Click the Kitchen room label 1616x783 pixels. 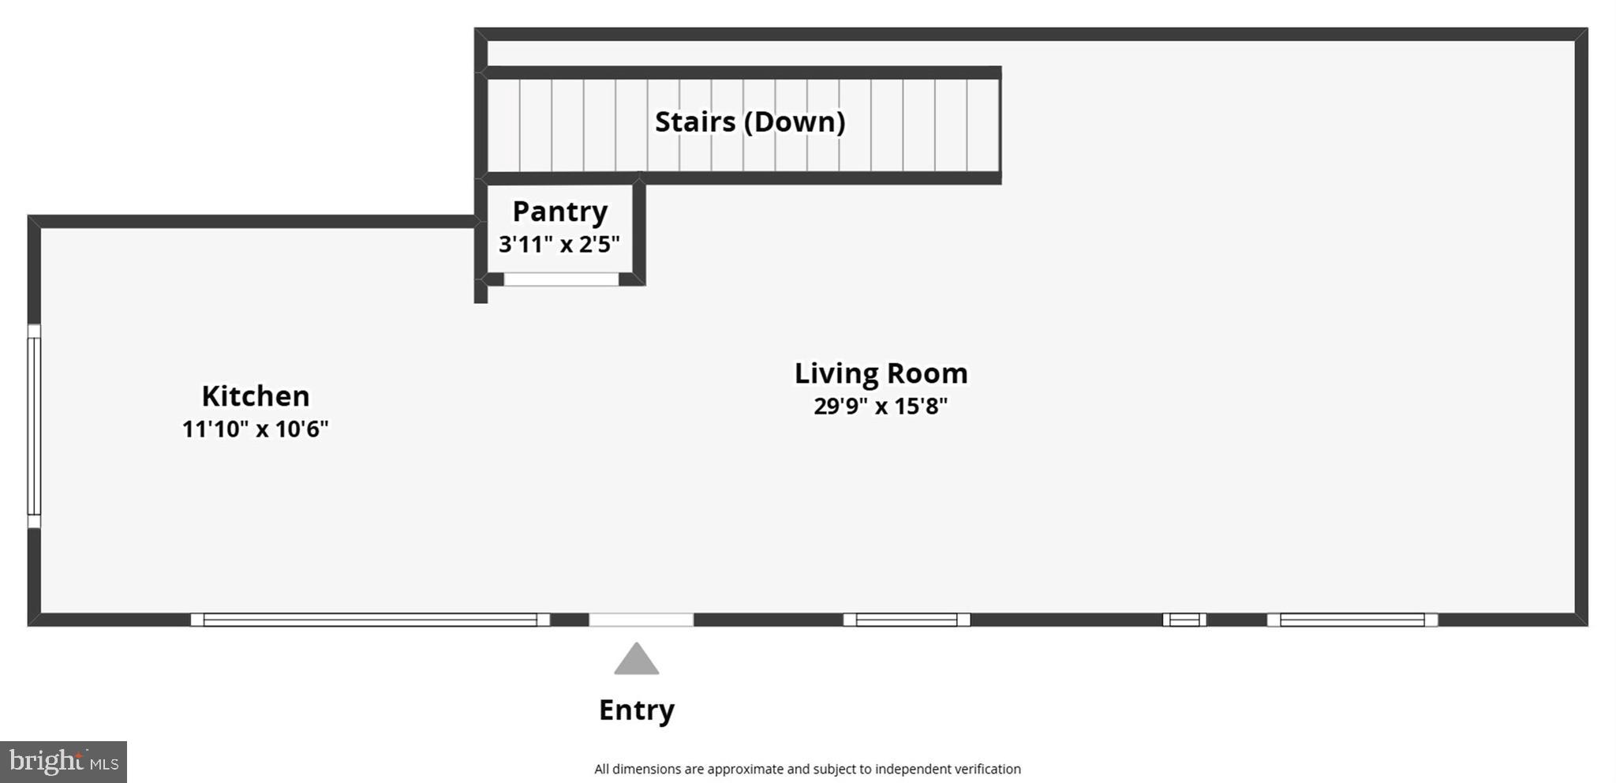[x=255, y=395]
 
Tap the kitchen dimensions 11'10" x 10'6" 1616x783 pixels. [x=255, y=429]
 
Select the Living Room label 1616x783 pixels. [x=881, y=373]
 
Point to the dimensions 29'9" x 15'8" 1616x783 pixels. [x=881, y=406]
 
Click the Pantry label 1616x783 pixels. [x=559, y=212]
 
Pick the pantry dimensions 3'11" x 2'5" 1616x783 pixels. [x=559, y=244]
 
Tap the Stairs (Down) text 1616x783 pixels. [x=750, y=122]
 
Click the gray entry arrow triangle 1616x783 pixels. [x=637, y=661]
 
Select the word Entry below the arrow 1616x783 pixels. [x=637, y=710]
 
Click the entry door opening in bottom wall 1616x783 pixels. [x=641, y=620]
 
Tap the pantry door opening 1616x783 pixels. [x=561, y=279]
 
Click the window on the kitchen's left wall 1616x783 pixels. [x=34, y=426]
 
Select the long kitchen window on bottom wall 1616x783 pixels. [x=370, y=620]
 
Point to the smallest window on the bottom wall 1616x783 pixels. [x=1184, y=620]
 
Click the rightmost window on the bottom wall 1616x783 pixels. [x=1352, y=620]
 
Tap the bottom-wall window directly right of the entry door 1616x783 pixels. [x=907, y=620]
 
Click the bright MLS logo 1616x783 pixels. [x=63, y=762]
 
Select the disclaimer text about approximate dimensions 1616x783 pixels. [x=807, y=769]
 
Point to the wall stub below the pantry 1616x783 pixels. [x=481, y=293]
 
